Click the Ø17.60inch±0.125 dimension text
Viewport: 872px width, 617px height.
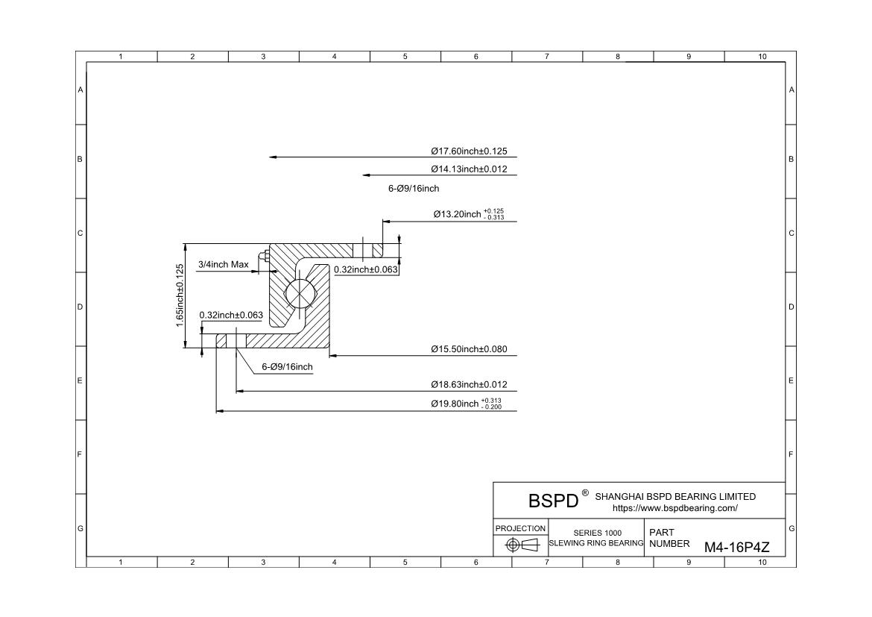pyautogui.click(x=474, y=151)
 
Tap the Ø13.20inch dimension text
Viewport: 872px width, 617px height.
pyautogui.click(x=463, y=215)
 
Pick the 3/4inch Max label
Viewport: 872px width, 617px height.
pyautogui.click(x=224, y=265)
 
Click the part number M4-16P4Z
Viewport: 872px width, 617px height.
pyautogui.click(x=736, y=547)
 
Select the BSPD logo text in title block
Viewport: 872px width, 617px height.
pyautogui.click(x=553, y=500)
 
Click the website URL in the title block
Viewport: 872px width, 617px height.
pyautogui.click(x=674, y=508)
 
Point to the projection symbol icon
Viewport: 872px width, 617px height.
pyautogui.click(x=521, y=545)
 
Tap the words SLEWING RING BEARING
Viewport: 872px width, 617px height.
pyautogui.click(x=596, y=543)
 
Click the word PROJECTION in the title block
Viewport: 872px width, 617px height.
pyautogui.click(x=520, y=528)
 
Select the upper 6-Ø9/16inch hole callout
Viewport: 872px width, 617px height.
pyautogui.click(x=414, y=189)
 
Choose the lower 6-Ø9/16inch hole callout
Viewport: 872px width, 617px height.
pyautogui.click(x=287, y=367)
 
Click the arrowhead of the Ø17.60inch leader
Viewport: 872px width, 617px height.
pyautogui.click(x=273, y=157)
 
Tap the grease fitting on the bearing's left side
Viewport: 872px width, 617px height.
pyautogui.click(x=262, y=257)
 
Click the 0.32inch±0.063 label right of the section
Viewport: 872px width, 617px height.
pyautogui.click(x=365, y=269)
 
